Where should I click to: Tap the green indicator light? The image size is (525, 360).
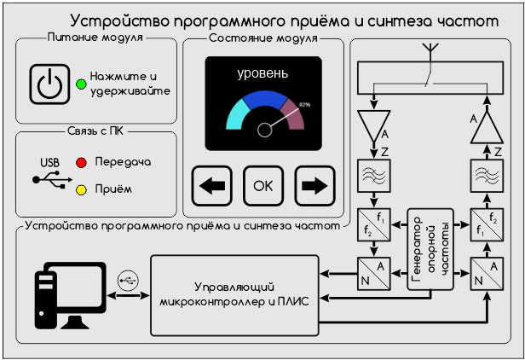[80, 84]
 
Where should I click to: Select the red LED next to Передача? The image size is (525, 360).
[82, 161]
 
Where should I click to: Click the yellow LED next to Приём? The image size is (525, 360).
[82, 189]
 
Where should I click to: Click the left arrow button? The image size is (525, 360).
[212, 185]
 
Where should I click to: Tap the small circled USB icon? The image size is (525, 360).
[128, 278]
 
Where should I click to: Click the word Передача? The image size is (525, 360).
[123, 161]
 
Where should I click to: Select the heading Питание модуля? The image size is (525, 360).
[95, 38]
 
